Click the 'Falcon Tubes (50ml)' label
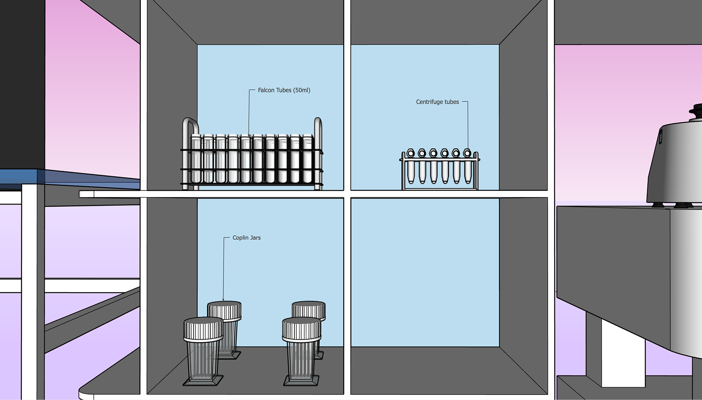click(x=284, y=90)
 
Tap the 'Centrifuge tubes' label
click(x=437, y=102)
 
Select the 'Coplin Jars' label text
click(x=246, y=238)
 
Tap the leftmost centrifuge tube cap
click(x=411, y=153)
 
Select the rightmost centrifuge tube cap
click(x=467, y=153)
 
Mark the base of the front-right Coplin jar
click(x=301, y=381)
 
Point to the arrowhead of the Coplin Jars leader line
click(x=223, y=300)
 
